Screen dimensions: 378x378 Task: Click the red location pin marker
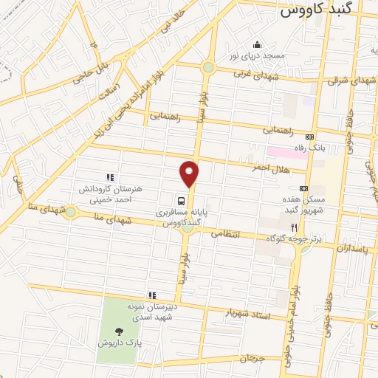tap(190, 174)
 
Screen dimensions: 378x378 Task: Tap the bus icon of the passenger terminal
tap(180, 200)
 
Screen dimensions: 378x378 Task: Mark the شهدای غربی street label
tap(251, 75)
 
